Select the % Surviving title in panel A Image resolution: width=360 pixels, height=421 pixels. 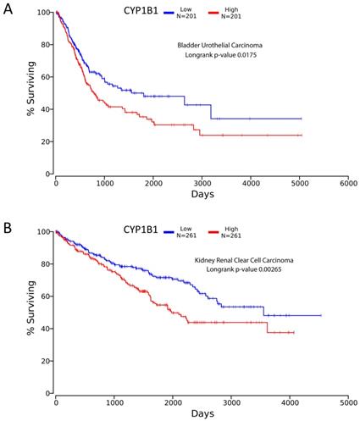pyautogui.click(x=30, y=92)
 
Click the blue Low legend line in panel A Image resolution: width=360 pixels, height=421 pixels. pyautogui.click(x=200, y=14)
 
